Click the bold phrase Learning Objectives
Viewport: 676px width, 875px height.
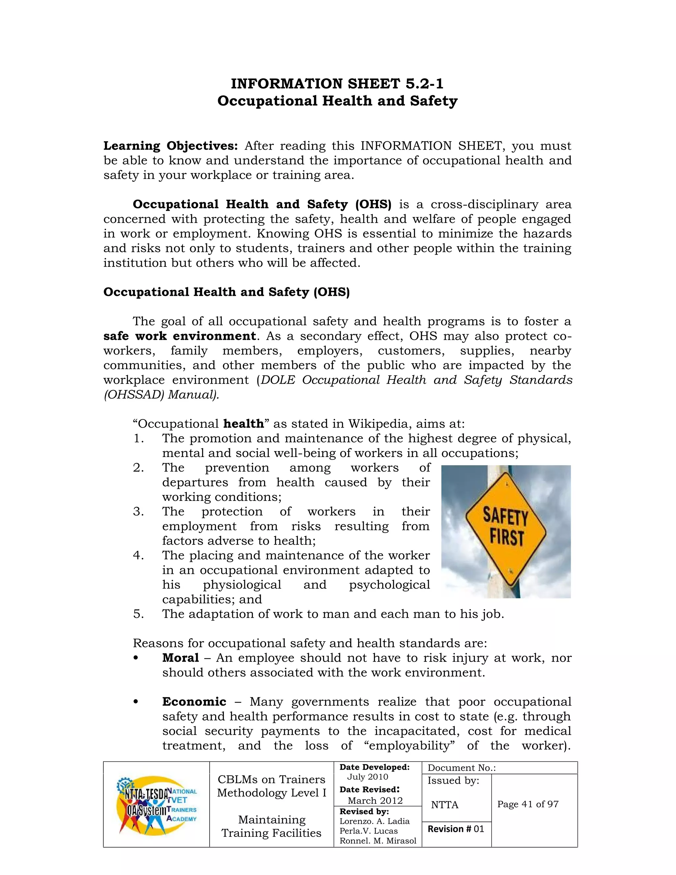tap(171, 146)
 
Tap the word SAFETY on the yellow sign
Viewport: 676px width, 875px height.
tap(505, 516)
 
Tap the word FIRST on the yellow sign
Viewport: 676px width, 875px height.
tap(507, 537)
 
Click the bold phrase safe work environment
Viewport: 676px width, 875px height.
tap(180, 336)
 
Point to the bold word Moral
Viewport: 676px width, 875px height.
tap(181, 658)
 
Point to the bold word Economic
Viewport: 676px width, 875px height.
tap(194, 702)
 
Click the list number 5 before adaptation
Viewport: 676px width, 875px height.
tap(138, 614)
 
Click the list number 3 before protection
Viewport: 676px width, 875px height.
tap(138, 511)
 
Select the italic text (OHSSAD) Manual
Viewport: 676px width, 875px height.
tap(161, 395)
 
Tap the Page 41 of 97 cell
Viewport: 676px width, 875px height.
tap(527, 804)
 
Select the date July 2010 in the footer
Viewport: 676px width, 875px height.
tap(367, 777)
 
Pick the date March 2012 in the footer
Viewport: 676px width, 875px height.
tap(375, 800)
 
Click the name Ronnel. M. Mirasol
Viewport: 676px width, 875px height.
tap(378, 841)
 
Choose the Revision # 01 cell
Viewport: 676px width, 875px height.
tap(456, 829)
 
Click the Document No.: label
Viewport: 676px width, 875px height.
tap(461, 768)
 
